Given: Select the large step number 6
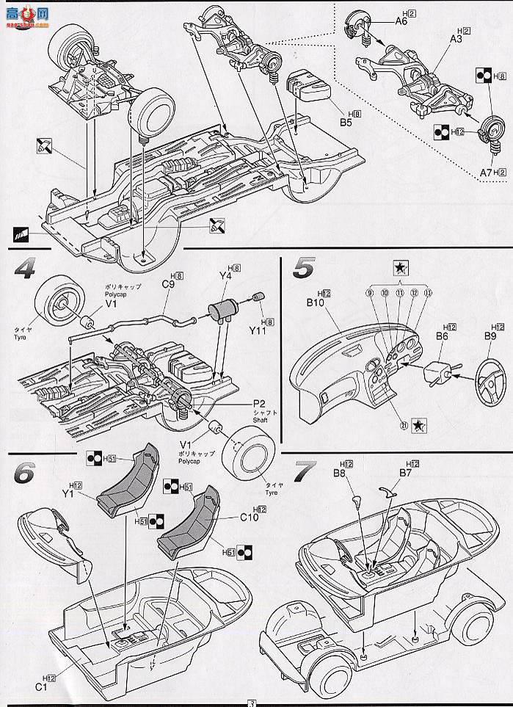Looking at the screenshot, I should (x=24, y=473).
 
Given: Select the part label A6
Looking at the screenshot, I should (x=401, y=21).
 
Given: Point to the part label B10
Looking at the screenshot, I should (x=316, y=302).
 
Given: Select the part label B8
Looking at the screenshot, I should (x=339, y=474).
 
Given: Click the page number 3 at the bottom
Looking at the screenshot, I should (x=252, y=702).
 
